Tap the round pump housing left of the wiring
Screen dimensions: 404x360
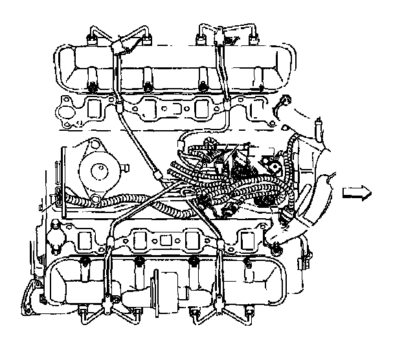(98, 170)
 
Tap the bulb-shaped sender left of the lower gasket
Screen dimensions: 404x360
(57, 237)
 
